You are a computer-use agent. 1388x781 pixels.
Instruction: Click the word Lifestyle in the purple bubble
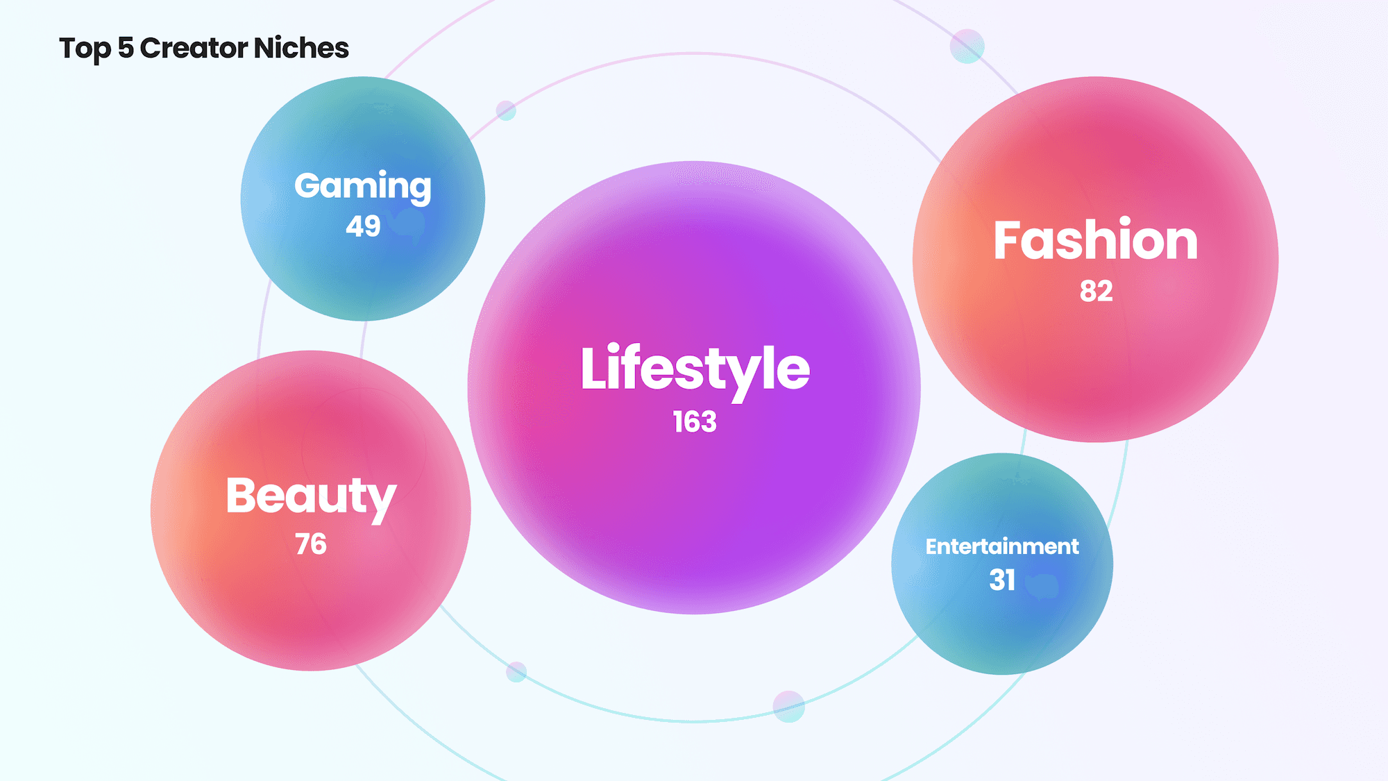695,369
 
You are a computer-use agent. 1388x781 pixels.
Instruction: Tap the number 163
695,422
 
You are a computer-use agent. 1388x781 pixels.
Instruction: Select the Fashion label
1095,241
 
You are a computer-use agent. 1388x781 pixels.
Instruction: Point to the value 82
1096,291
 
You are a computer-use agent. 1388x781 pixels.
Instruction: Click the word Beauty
311,497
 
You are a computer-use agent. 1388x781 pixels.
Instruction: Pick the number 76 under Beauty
311,544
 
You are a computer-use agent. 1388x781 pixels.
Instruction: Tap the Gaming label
362,187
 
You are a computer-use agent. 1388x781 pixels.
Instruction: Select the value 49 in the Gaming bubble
363,226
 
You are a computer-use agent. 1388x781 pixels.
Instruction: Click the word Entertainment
1002,546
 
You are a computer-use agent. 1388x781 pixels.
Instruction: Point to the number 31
1002,580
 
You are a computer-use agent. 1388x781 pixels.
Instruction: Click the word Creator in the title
194,48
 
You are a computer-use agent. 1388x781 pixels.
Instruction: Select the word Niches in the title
301,48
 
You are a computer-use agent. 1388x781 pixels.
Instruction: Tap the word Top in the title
85,49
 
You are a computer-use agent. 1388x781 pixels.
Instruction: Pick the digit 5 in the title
125,48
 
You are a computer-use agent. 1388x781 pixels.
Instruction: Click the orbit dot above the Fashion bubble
967,47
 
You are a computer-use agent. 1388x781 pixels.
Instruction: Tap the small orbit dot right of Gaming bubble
506,110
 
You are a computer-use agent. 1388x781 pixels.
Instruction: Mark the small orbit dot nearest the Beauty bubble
516,671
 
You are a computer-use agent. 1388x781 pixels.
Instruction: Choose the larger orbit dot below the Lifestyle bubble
788,707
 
